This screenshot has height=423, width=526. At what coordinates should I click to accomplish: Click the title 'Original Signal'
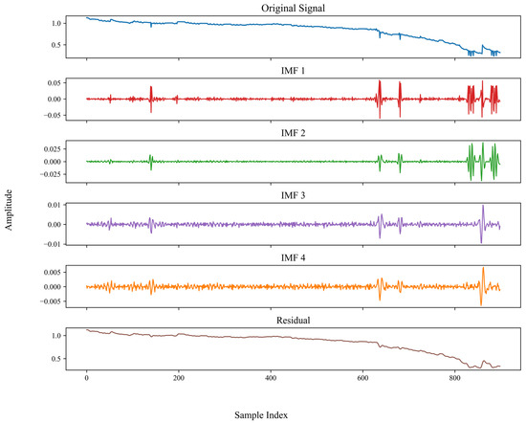[x=293, y=8]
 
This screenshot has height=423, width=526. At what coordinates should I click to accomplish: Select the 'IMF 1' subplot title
[x=293, y=71]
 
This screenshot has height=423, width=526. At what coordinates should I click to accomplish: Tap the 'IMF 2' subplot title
[x=293, y=133]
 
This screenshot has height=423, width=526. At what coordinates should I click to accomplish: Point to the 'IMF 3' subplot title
[x=293, y=195]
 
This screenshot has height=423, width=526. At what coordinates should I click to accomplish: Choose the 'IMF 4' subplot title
[x=293, y=257]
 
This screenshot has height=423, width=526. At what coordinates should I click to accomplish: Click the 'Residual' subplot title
[x=293, y=321]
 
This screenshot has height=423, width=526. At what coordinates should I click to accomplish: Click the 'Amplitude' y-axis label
[x=9, y=210]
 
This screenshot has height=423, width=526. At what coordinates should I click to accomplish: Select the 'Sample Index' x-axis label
[x=261, y=415]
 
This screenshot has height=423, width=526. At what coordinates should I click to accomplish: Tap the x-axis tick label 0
[x=87, y=378]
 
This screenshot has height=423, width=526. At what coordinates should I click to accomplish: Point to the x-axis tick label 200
[x=179, y=378]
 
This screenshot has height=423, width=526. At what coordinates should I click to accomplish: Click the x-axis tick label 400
[x=271, y=378]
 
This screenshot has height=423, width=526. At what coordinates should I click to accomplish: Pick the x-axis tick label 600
[x=363, y=378]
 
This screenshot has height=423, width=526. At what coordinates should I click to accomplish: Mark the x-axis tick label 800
[x=455, y=378]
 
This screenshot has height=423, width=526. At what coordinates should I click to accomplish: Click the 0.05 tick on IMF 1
[x=55, y=83]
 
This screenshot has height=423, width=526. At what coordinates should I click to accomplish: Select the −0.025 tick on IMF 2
[x=51, y=174]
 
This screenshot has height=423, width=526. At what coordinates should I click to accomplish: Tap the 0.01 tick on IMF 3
[x=55, y=205]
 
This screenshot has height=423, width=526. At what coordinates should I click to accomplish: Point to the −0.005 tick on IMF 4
[x=51, y=301]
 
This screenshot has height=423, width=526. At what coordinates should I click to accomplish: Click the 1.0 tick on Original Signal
[x=56, y=24]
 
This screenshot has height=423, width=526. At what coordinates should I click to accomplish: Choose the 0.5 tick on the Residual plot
[x=56, y=359]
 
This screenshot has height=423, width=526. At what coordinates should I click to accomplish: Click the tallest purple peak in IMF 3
[x=483, y=206]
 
